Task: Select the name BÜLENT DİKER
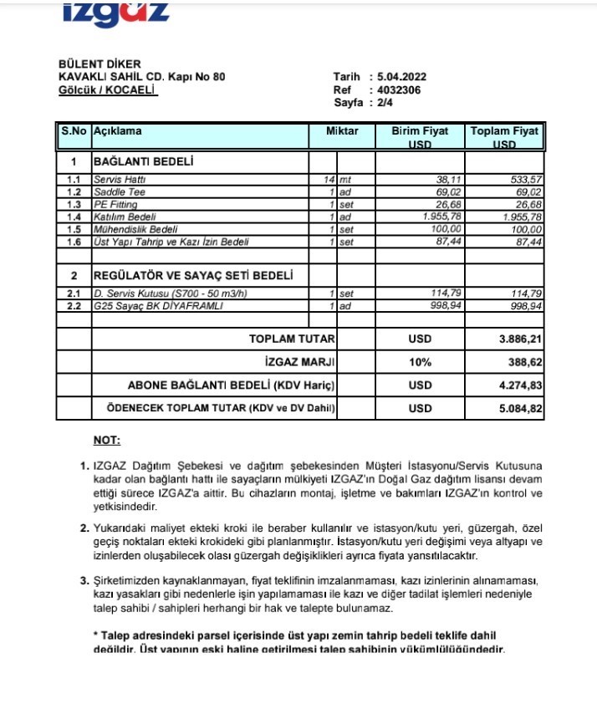tap(99, 64)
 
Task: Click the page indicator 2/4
tap(387, 102)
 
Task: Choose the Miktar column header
tap(342, 132)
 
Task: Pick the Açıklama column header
tap(118, 132)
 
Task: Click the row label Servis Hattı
tap(115, 180)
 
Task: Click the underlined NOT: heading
tap(106, 440)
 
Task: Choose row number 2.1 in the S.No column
tap(74, 294)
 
